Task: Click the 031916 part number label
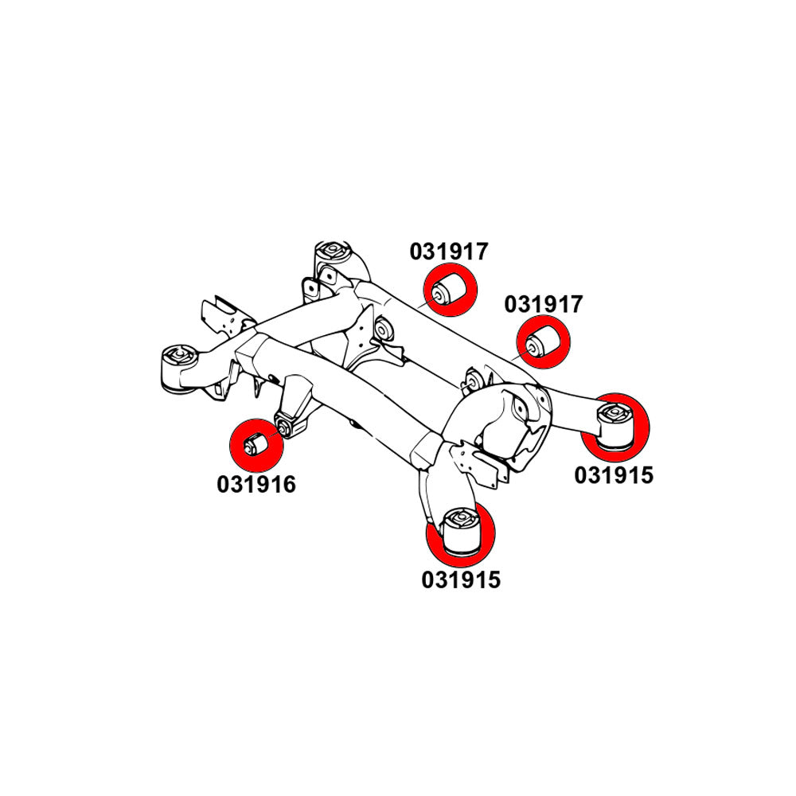256,484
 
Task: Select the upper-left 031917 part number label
449,252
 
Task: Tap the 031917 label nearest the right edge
543,305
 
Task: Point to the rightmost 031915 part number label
614,475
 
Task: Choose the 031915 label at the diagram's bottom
461,579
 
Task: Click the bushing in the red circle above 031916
256,444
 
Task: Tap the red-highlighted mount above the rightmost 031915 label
615,426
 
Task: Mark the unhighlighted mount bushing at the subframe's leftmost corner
178,369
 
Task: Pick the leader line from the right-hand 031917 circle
520,355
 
